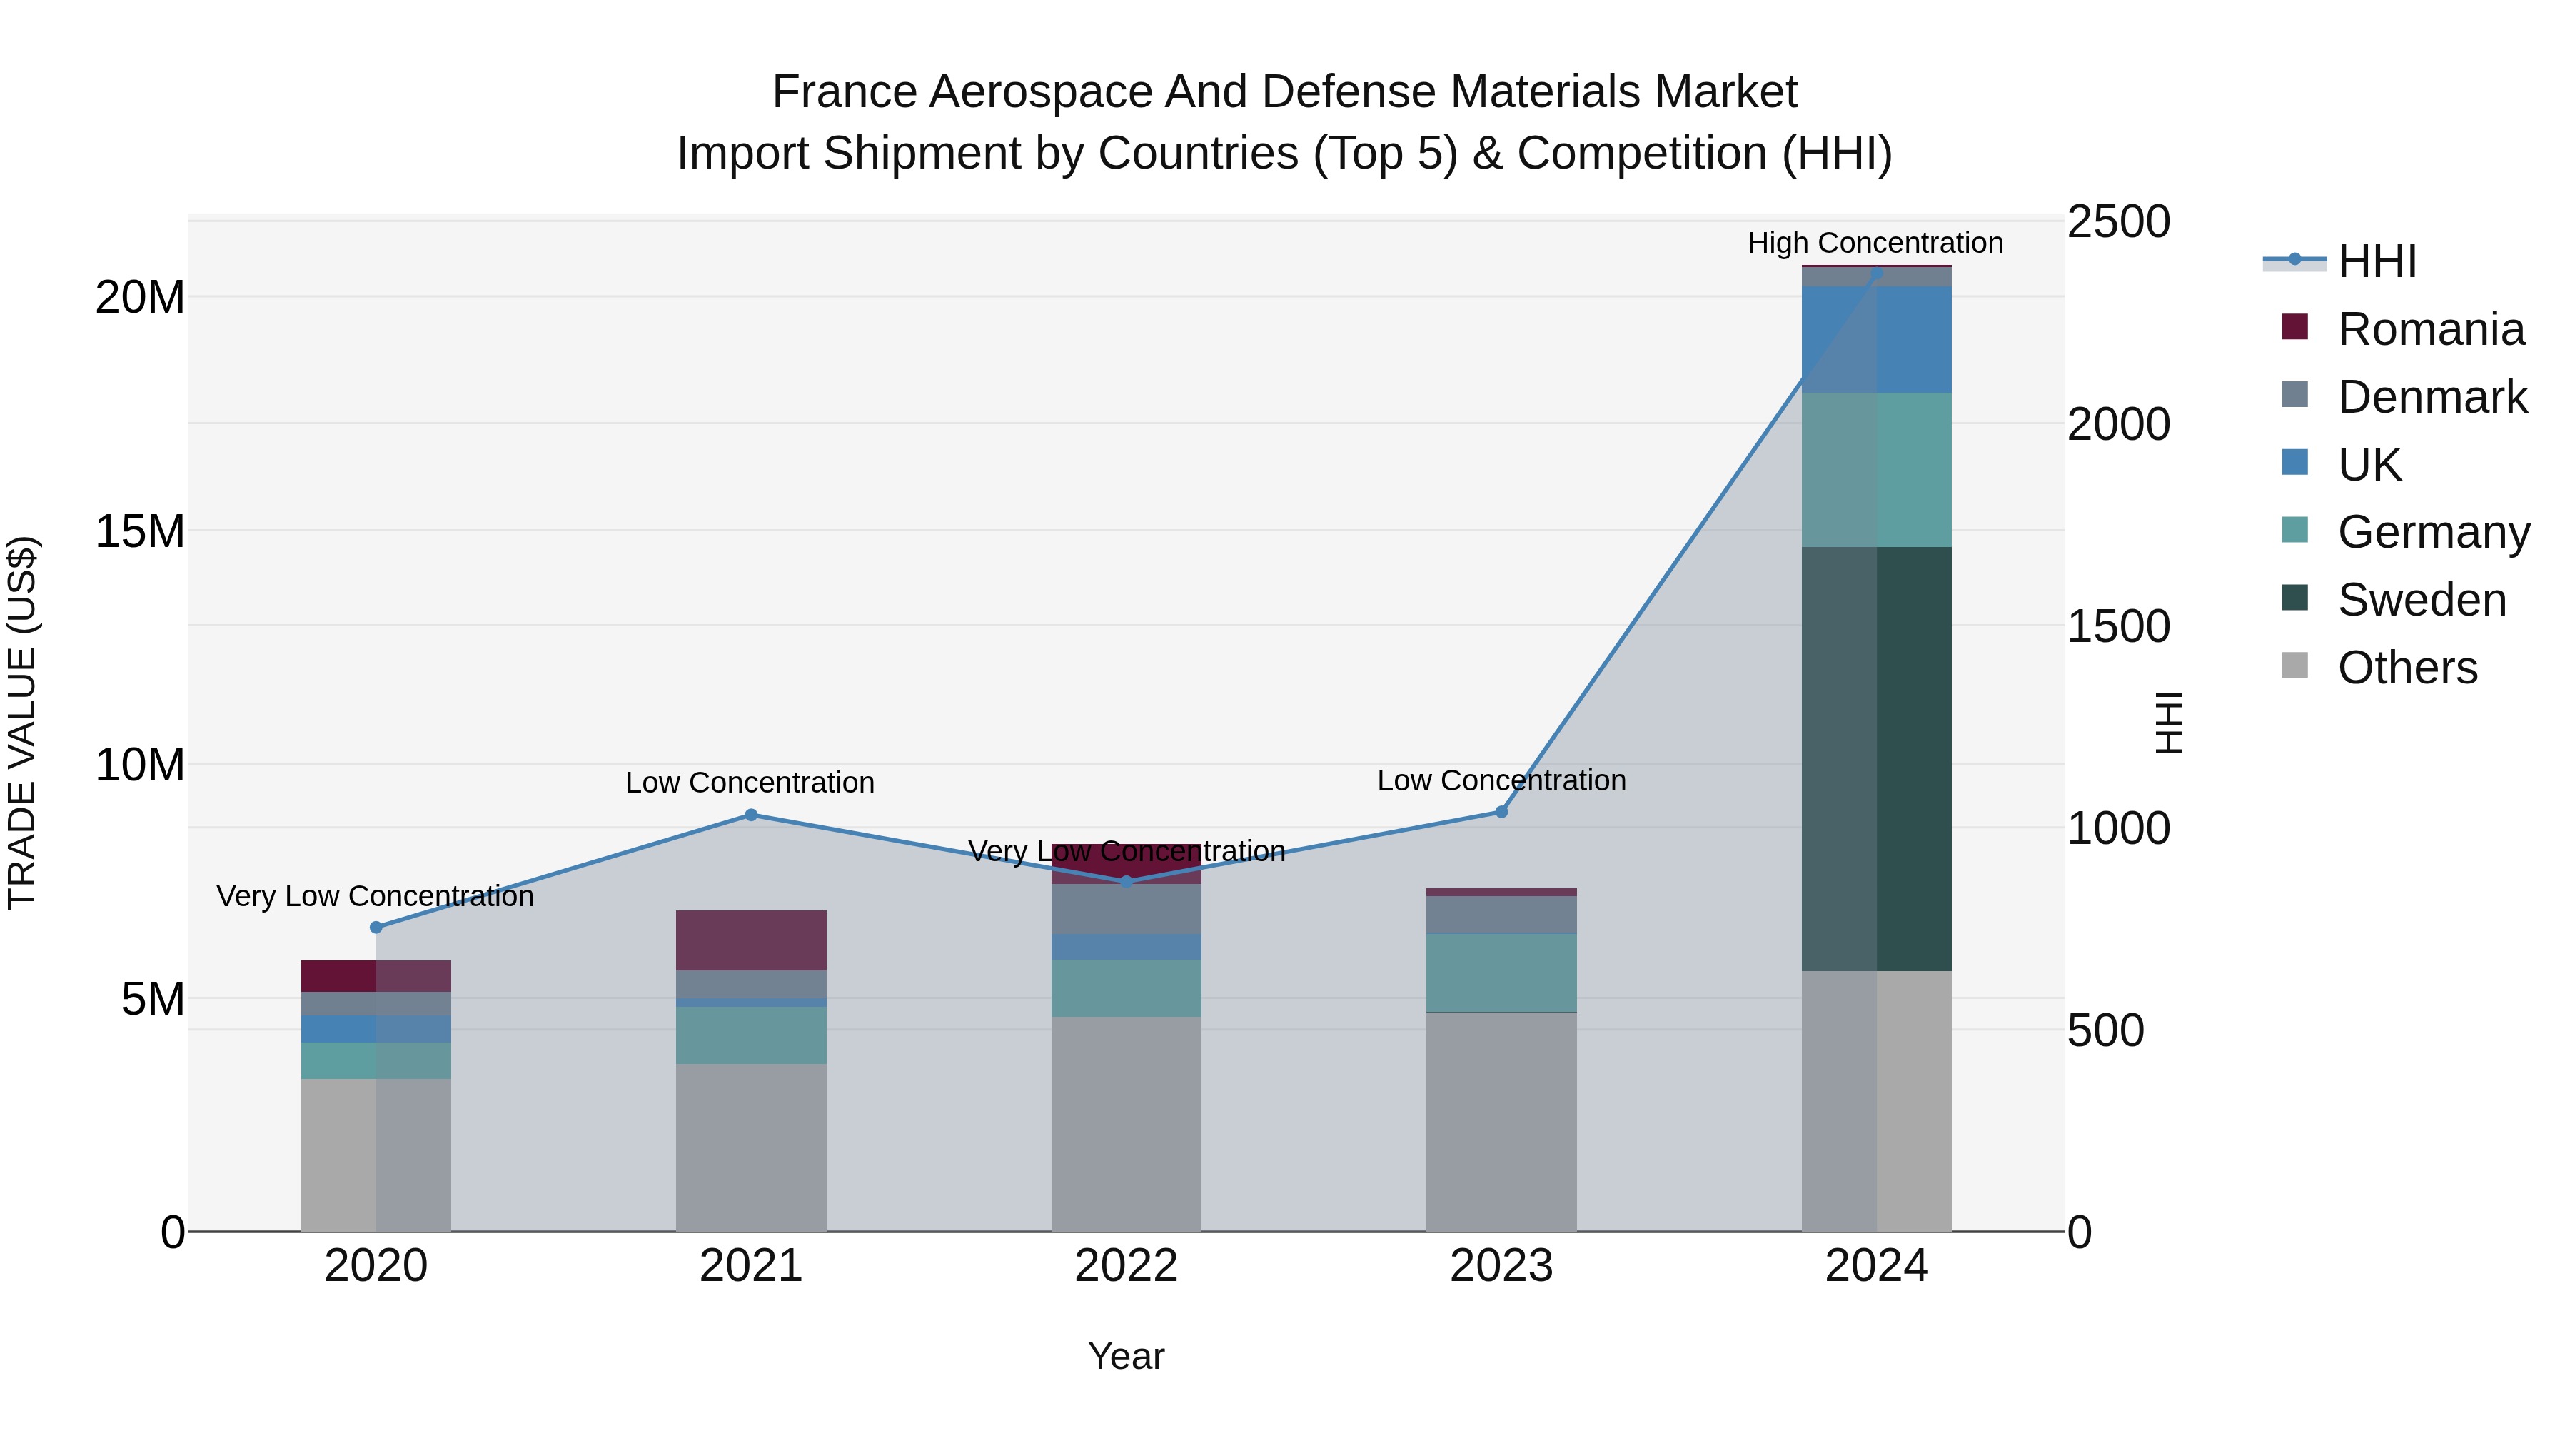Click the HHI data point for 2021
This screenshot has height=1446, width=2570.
click(x=751, y=815)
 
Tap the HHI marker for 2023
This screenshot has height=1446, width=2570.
click(x=1501, y=813)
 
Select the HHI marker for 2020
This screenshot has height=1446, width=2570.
click(x=376, y=927)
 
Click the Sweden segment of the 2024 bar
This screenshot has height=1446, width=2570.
click(x=1877, y=758)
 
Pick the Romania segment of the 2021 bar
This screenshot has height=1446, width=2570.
click(x=751, y=940)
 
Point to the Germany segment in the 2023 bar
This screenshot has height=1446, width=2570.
click(x=1501, y=973)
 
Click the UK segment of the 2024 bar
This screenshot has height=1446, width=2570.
click(x=1877, y=339)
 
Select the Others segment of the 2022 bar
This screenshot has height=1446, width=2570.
click(x=1127, y=1123)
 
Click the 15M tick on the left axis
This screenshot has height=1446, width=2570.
click(x=140, y=531)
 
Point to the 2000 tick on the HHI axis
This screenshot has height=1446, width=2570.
click(x=2117, y=424)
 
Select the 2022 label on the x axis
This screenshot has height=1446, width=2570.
click(x=1127, y=1266)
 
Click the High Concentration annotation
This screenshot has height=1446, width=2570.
click(x=1875, y=243)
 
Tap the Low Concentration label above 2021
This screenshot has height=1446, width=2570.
click(x=750, y=783)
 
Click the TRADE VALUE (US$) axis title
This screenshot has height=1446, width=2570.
click(x=22, y=723)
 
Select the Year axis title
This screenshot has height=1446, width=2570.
click(x=1127, y=1356)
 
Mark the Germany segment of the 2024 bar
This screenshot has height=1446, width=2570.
click(x=1877, y=469)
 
